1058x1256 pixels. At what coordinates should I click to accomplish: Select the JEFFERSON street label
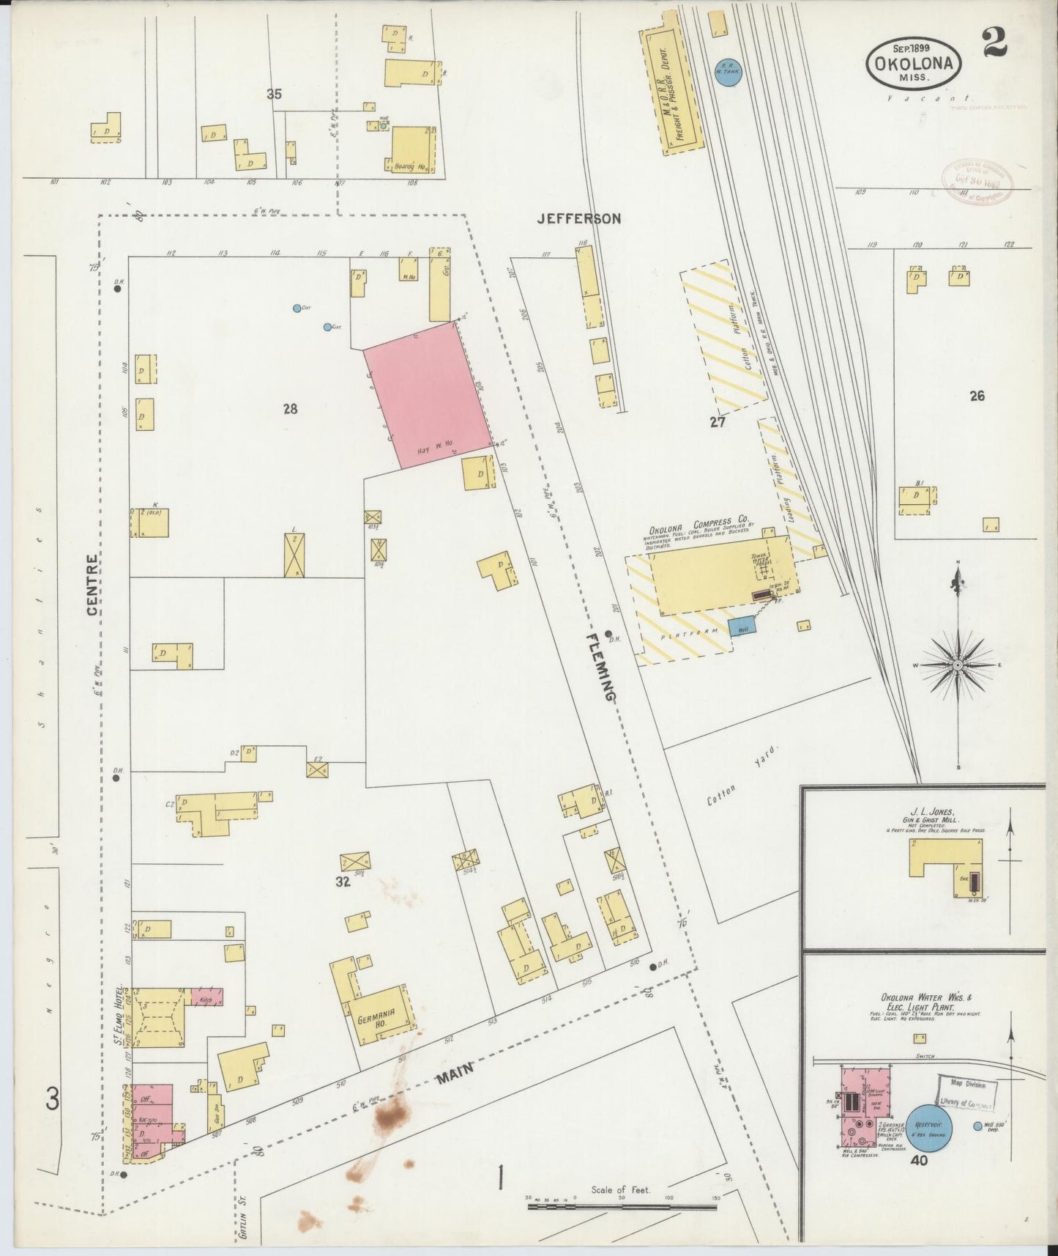click(x=578, y=218)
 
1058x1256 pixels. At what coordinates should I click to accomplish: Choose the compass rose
click(x=957, y=665)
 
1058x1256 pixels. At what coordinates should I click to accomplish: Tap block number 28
click(x=291, y=409)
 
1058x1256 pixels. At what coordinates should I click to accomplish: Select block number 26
click(x=977, y=396)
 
